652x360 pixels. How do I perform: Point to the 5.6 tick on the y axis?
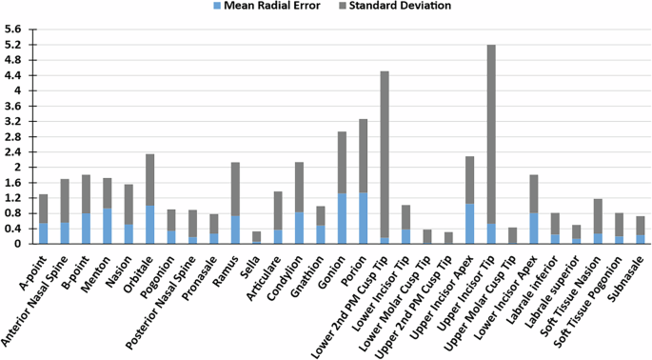coord(13,30)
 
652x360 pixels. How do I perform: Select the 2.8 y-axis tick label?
coord(13,136)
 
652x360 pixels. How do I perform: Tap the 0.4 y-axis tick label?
coord(13,229)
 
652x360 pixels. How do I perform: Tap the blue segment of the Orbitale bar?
coord(149,225)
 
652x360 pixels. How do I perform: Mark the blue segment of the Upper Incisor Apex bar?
coord(469,224)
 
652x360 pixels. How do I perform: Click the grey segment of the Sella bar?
coord(256,236)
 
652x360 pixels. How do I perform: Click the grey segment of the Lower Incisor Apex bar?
coord(534,193)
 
